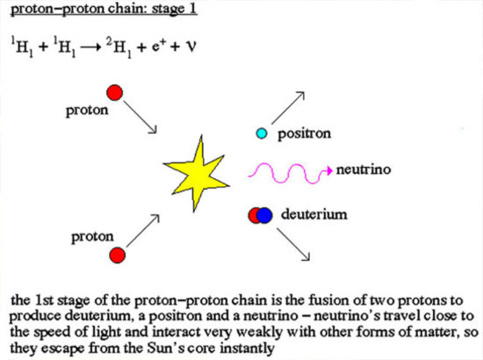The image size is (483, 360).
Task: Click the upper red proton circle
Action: pyautogui.click(x=114, y=92)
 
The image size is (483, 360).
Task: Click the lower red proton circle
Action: pyautogui.click(x=118, y=255)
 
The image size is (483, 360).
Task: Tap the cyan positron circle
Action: pyautogui.click(x=262, y=133)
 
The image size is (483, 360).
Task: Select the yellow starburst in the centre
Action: pyautogui.click(x=196, y=173)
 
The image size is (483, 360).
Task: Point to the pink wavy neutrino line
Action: pyautogui.click(x=291, y=173)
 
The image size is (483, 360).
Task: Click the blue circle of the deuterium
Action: pyautogui.click(x=264, y=215)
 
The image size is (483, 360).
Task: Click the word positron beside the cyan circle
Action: pyautogui.click(x=304, y=134)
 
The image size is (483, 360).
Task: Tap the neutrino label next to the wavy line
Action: pyautogui.click(x=364, y=169)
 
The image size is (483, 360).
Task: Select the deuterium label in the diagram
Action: pyautogui.click(x=314, y=214)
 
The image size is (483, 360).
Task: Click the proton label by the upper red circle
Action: pyautogui.click(x=87, y=111)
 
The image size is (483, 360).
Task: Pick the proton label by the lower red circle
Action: pyautogui.click(x=92, y=237)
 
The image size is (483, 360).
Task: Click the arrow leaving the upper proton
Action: pyautogui.click(x=141, y=118)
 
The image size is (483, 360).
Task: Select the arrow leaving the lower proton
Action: pyautogui.click(x=143, y=230)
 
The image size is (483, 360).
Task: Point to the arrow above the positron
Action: pyautogui.click(x=288, y=108)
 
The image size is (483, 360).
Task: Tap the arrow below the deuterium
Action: pyautogui.click(x=293, y=244)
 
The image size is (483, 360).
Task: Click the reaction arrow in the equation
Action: pyautogui.click(x=90, y=47)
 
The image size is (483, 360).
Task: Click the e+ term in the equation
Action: pyautogui.click(x=157, y=47)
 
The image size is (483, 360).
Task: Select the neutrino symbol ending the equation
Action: pyautogui.click(x=191, y=47)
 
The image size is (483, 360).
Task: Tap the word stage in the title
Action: pyautogui.click(x=169, y=10)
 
